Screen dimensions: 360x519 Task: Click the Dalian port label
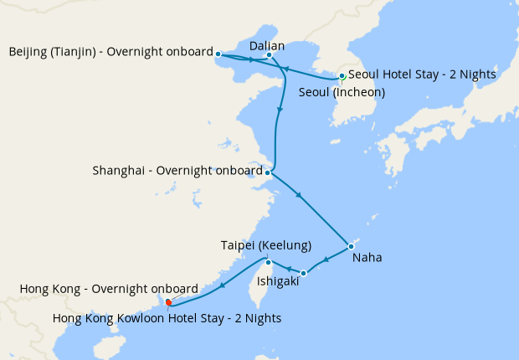point(268,45)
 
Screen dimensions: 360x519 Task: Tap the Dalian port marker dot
point(269,56)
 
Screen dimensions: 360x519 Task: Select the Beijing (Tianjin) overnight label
point(111,53)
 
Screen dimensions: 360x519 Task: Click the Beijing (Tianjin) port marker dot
point(218,54)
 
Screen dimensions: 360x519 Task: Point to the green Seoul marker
point(342,76)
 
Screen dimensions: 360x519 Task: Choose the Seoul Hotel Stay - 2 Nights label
point(422,75)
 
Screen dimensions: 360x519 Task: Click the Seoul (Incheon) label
point(342,92)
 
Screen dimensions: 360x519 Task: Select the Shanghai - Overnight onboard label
point(178,172)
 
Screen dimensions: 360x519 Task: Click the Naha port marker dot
point(351,246)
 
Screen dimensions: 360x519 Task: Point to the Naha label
point(367,258)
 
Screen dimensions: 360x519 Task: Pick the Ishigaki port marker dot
point(304,273)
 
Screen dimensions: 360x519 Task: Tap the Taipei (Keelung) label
point(266,245)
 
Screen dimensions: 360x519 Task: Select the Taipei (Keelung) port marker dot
point(259,262)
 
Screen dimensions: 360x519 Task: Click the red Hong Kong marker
point(169,302)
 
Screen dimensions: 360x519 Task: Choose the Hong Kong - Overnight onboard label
point(109,289)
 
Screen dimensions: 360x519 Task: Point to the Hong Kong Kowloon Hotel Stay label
point(167,318)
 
